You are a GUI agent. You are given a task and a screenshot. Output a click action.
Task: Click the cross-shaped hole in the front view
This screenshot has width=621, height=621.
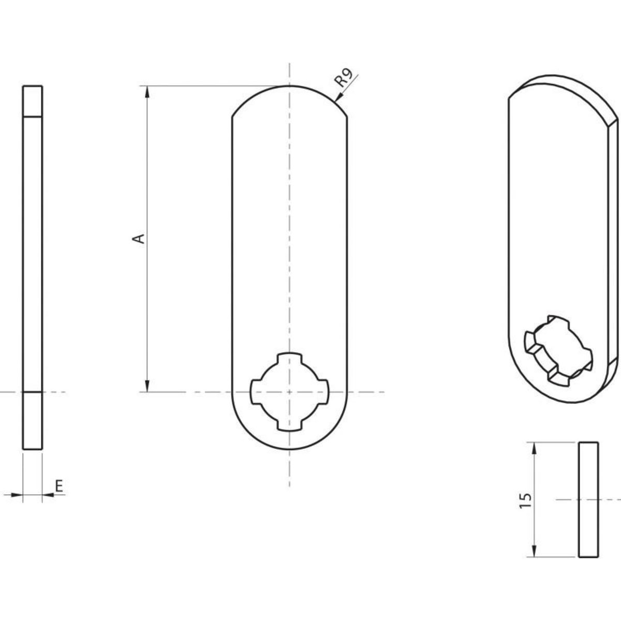[x=289, y=392]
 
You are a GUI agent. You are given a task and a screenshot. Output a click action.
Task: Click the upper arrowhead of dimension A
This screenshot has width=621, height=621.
[x=147, y=92]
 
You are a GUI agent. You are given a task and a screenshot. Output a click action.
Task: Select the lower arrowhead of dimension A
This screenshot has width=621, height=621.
[x=147, y=386]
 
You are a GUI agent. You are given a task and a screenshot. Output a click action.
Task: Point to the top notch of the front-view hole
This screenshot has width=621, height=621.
[x=289, y=358]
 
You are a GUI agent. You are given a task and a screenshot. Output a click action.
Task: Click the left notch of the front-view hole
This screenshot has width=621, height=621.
[x=256, y=392]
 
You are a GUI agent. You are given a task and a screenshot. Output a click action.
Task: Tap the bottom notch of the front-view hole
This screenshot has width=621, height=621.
[x=289, y=425]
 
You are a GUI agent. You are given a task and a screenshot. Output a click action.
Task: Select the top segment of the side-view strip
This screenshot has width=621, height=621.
[x=33, y=100]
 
